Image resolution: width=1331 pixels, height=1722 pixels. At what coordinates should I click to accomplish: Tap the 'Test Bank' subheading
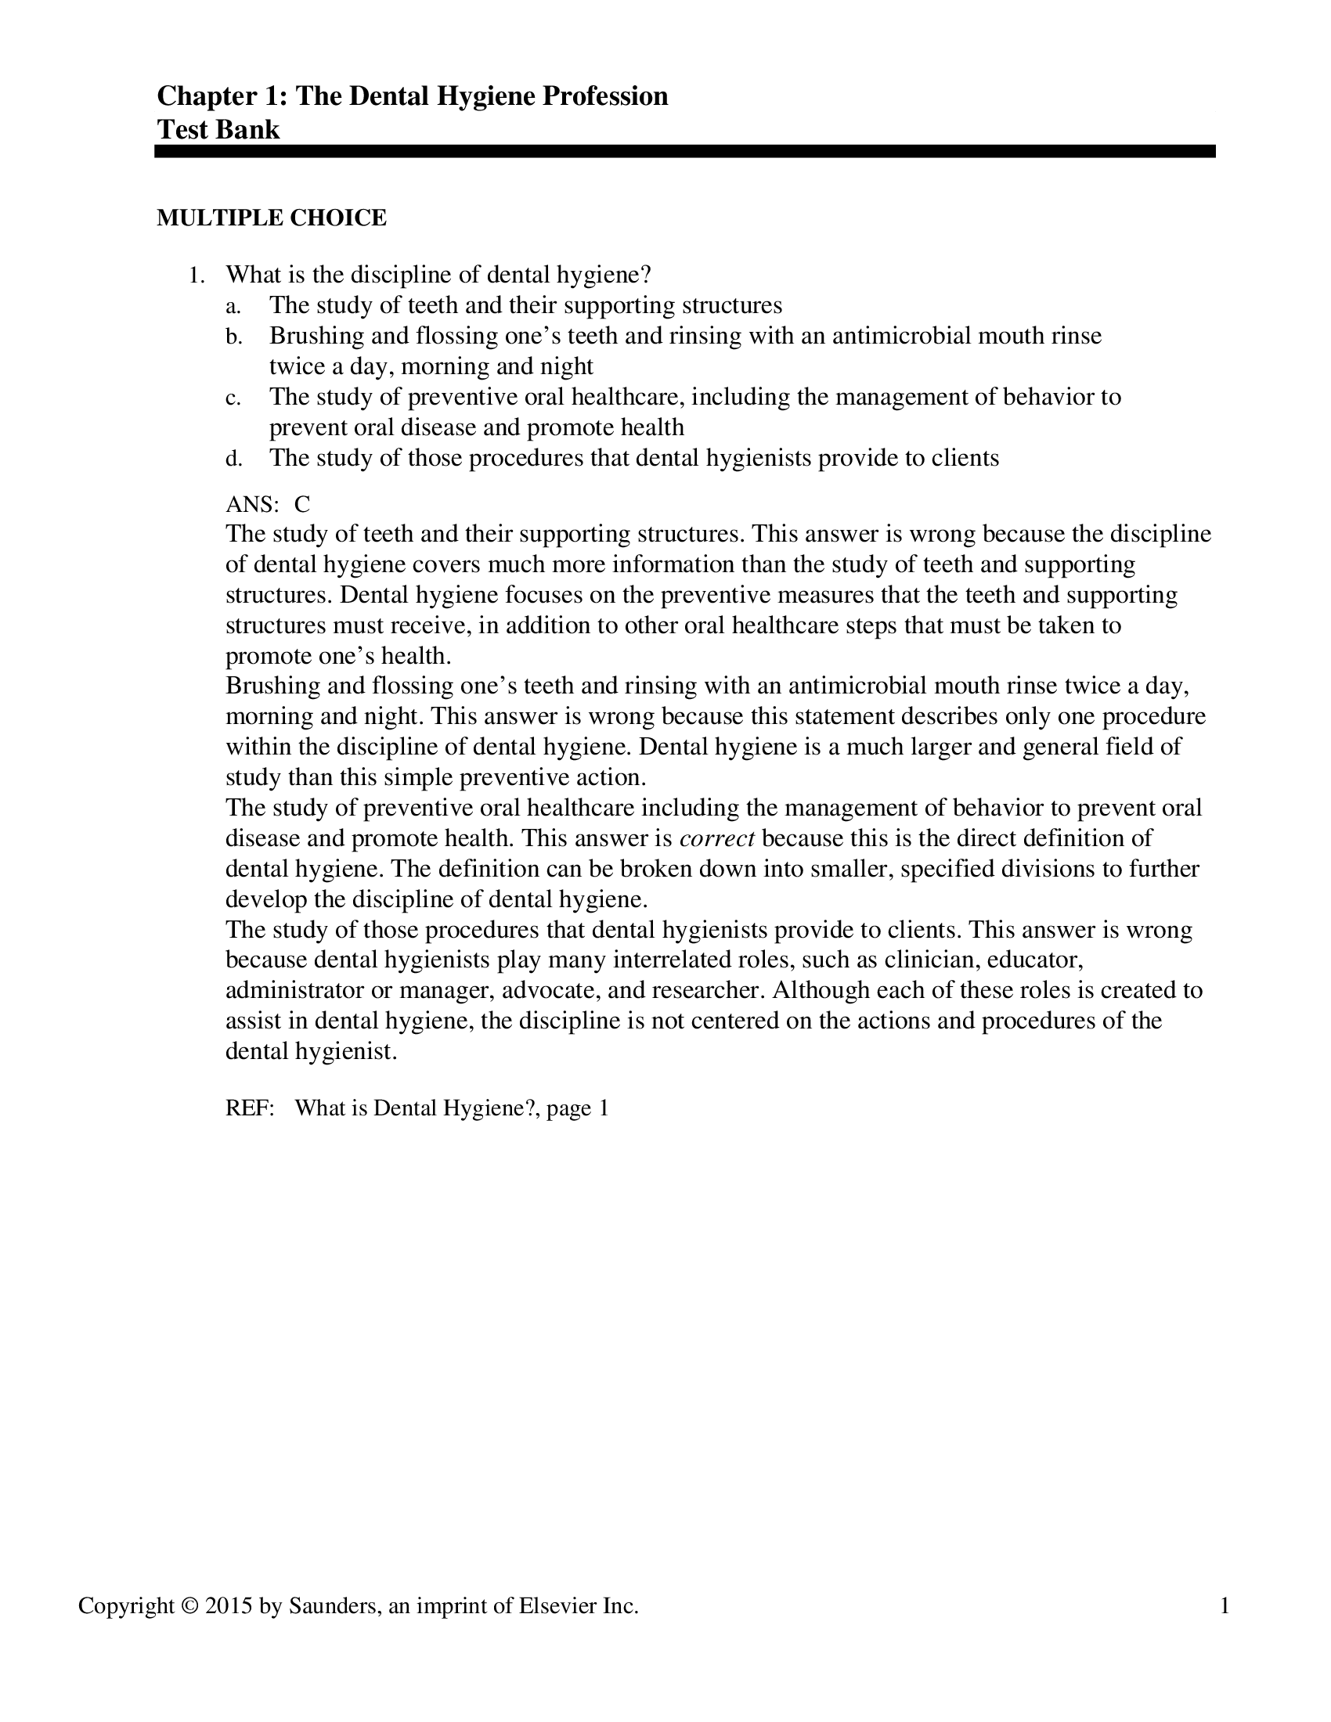(x=218, y=129)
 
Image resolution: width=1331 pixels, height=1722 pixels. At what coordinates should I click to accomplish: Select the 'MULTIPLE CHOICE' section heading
(x=271, y=218)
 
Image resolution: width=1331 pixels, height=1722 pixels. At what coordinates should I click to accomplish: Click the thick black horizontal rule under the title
(x=684, y=151)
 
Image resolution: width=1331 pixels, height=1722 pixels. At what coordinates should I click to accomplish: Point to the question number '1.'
(x=197, y=276)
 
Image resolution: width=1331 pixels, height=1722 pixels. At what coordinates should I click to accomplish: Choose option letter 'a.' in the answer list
(x=233, y=306)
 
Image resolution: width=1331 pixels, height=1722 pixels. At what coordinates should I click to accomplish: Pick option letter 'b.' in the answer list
(x=233, y=337)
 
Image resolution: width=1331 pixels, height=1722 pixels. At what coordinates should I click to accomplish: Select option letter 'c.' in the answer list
(x=233, y=398)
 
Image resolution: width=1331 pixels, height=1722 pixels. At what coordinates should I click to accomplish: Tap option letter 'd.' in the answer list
(x=233, y=459)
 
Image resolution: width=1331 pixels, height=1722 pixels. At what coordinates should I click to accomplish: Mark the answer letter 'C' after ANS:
(x=302, y=504)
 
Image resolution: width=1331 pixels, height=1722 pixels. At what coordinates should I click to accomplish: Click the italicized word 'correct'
(x=716, y=838)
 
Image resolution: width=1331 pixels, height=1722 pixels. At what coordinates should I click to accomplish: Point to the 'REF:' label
(x=250, y=1108)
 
